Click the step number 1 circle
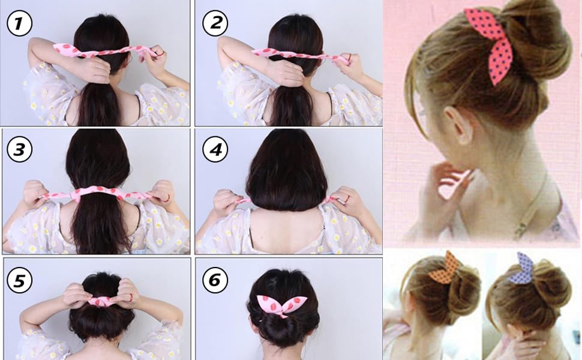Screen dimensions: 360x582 (x=19, y=24)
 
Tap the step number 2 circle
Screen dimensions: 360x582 (x=215, y=24)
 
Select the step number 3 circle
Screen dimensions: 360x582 (x=19, y=150)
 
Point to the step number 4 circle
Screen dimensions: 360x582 (x=215, y=150)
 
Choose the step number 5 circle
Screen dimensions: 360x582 (x=19, y=280)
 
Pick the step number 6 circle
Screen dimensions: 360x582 (x=215, y=280)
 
